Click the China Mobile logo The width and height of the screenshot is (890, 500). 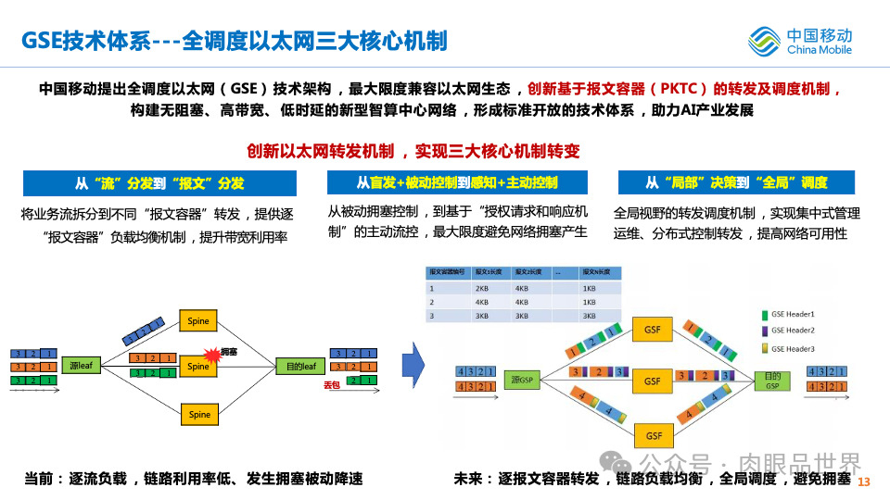799,41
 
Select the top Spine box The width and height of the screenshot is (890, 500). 199,321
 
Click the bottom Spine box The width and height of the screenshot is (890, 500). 199,414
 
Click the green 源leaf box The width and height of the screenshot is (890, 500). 81,367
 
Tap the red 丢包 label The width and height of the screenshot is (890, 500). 332,384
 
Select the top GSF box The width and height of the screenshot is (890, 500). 653,329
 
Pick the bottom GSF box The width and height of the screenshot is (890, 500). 653,434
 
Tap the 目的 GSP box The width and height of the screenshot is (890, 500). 771,380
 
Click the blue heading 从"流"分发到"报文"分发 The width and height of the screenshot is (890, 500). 159,182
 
